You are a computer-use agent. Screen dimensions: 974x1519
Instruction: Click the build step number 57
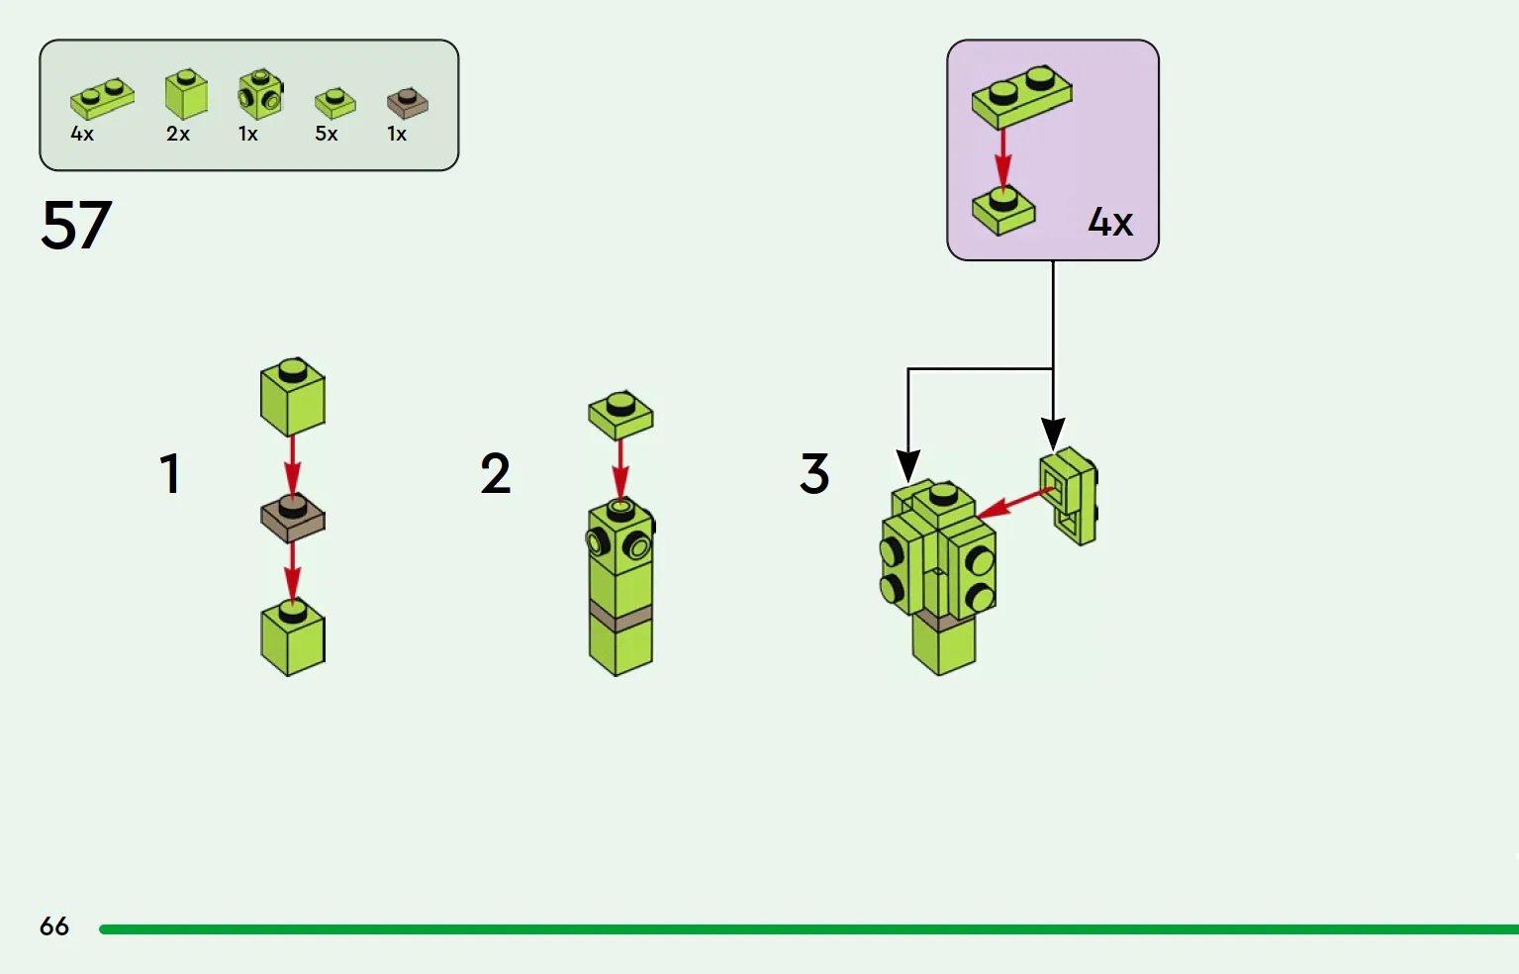pyautogui.click(x=76, y=225)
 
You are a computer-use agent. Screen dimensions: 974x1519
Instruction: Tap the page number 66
pyautogui.click(x=54, y=925)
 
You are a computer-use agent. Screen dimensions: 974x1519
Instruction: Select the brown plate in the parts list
pyautogui.click(x=407, y=102)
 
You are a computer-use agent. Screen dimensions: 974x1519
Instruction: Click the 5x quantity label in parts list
pyautogui.click(x=327, y=134)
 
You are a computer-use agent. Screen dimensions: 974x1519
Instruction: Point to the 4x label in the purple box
pyautogui.click(x=1110, y=222)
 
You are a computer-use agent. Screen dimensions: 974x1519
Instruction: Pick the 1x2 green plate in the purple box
pyautogui.click(x=1021, y=96)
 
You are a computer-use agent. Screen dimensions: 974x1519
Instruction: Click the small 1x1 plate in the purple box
pyautogui.click(x=1002, y=210)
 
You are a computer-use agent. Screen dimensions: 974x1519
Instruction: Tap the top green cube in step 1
pyautogui.click(x=293, y=396)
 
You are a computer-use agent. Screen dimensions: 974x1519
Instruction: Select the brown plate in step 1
pyautogui.click(x=293, y=518)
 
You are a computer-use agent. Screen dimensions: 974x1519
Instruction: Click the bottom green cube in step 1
pyautogui.click(x=293, y=637)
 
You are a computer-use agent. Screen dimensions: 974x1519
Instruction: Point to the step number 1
pyautogui.click(x=170, y=473)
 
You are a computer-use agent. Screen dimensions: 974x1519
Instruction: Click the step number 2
pyautogui.click(x=495, y=473)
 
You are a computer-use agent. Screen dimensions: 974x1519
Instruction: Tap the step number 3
pyautogui.click(x=814, y=473)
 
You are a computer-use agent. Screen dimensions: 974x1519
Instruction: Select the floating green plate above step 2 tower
pyautogui.click(x=620, y=414)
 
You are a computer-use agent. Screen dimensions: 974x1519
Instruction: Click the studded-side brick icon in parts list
pyautogui.click(x=260, y=94)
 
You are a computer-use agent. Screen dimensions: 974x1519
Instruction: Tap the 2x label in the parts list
pyautogui.click(x=178, y=134)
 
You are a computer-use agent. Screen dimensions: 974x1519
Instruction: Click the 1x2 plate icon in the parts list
pyautogui.click(x=102, y=98)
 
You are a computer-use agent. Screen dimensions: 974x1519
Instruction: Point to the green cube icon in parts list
pyautogui.click(x=186, y=94)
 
